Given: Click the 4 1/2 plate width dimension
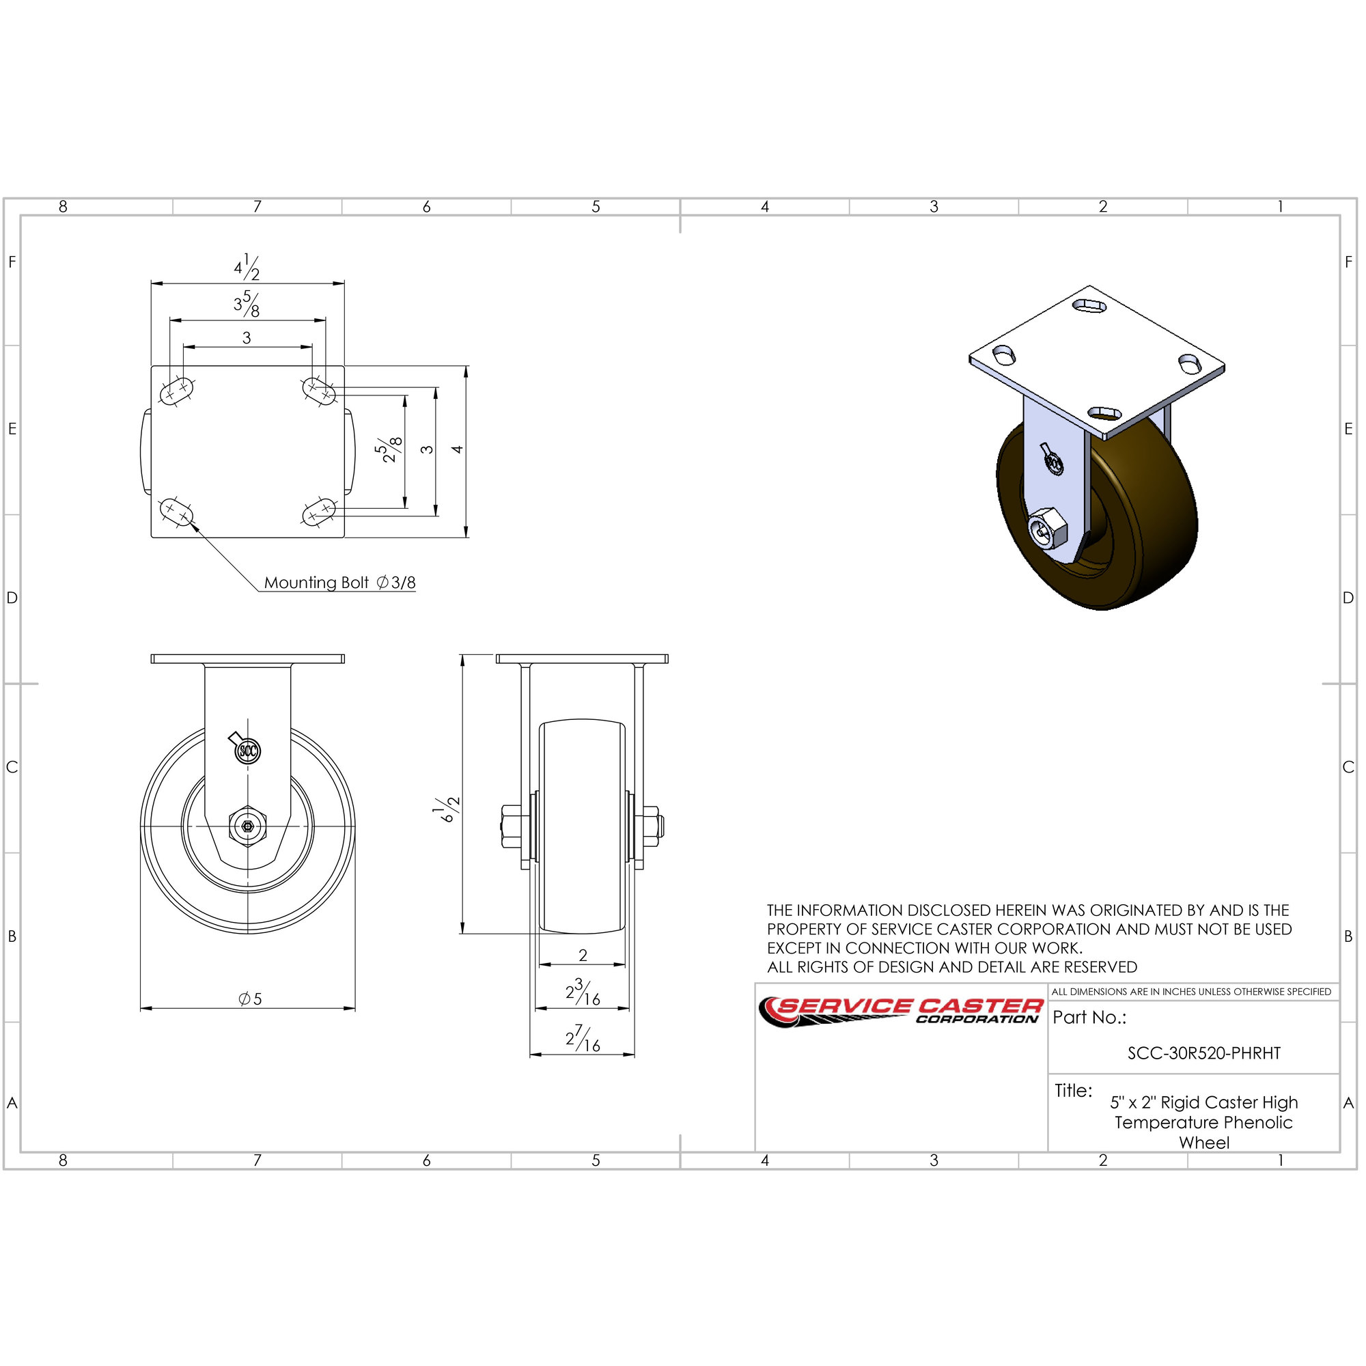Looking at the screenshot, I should click(x=247, y=268).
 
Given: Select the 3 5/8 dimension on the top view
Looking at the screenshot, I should click(x=247, y=305).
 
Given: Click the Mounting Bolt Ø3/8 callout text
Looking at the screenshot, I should click(x=339, y=583).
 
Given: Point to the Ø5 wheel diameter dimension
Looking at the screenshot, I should click(x=250, y=999).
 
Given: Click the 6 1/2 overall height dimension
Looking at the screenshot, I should click(x=447, y=809).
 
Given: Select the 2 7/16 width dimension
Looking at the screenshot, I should click(x=583, y=1038).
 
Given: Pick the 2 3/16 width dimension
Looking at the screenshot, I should click(x=583, y=992).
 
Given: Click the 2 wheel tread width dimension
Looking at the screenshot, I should click(x=583, y=956).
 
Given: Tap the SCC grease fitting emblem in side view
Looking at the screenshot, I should click(x=247, y=750).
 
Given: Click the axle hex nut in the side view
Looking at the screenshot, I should click(x=247, y=826).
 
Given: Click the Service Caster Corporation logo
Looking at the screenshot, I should click(x=901, y=1011).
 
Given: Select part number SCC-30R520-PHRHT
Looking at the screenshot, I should click(x=1203, y=1053).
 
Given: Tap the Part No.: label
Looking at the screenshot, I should click(x=1089, y=1018).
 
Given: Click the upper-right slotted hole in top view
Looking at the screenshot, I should click(x=319, y=390).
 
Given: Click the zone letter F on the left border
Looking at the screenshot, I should click(x=12, y=262).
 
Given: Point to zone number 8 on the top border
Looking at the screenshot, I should click(x=63, y=206).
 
